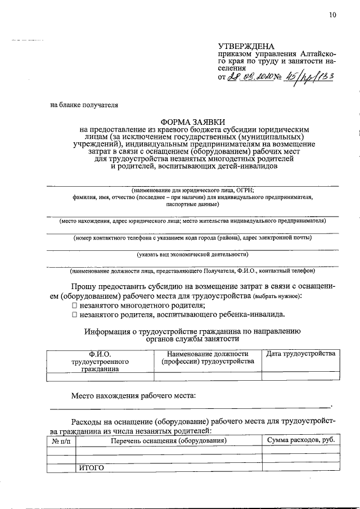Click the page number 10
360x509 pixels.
(332, 15)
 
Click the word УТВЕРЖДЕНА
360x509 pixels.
(246, 46)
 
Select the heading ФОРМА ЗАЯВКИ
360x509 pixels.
(193, 121)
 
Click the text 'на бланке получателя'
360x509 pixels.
(84, 104)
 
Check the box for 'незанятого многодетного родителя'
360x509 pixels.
(74, 305)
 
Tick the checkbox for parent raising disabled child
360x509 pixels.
(74, 314)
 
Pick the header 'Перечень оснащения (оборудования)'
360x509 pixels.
(169, 441)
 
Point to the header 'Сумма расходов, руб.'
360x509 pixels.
(301, 441)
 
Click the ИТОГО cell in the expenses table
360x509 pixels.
(92, 467)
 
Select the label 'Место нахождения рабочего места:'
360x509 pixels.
(133, 395)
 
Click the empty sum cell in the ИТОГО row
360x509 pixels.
(301, 467)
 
